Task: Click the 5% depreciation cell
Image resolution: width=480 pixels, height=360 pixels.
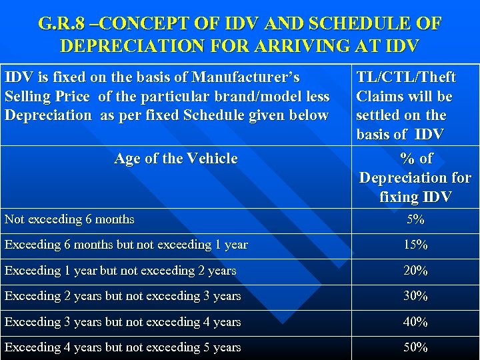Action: (x=415, y=219)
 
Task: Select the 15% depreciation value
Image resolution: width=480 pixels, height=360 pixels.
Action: (x=415, y=245)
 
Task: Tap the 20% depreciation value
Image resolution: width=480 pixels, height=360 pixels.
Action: (x=415, y=271)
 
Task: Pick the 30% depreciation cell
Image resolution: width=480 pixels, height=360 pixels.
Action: (x=415, y=296)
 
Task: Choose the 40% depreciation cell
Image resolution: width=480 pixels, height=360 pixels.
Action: (x=415, y=322)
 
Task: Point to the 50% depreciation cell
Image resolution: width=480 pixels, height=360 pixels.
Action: (x=415, y=347)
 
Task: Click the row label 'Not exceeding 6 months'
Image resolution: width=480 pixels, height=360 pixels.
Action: (x=69, y=219)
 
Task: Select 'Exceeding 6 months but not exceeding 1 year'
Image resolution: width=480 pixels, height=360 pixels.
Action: (x=126, y=245)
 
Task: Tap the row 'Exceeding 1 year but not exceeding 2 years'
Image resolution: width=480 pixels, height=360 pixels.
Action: (x=120, y=271)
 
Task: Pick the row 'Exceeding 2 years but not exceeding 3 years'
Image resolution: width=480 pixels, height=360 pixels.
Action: (x=123, y=296)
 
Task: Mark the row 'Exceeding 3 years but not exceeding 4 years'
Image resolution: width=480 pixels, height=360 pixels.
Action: (x=123, y=322)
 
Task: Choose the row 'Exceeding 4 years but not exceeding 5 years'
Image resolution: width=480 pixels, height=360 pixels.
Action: (x=123, y=347)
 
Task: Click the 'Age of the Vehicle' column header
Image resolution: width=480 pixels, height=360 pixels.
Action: (x=175, y=159)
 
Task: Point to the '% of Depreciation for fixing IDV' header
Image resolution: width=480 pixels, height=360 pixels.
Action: (x=415, y=177)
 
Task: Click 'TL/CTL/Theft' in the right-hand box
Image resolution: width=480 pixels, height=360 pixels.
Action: (x=406, y=78)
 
